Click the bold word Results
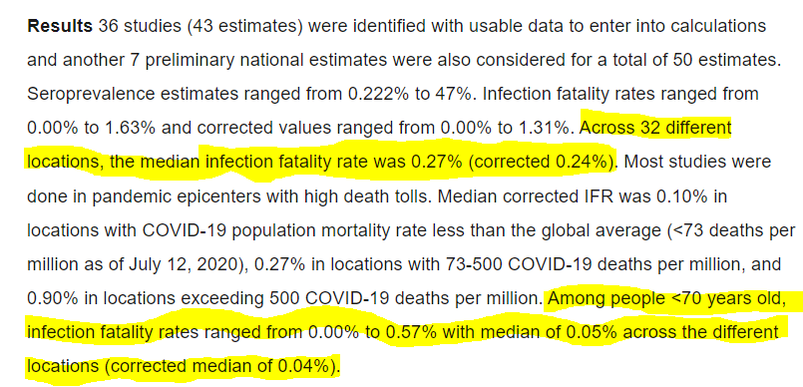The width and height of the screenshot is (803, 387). [60, 26]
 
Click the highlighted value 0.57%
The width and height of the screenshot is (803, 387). [411, 333]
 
